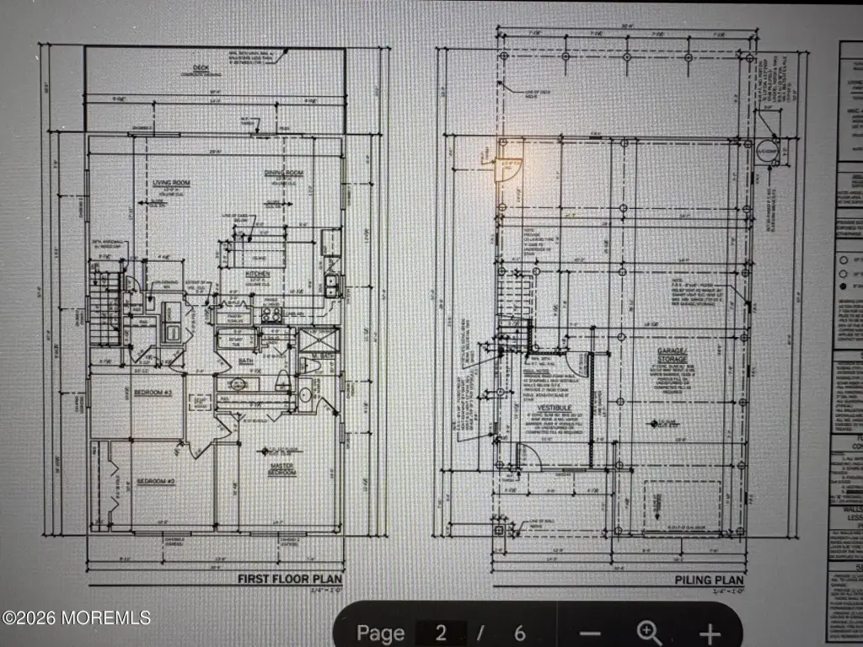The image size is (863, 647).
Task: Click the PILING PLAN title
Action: pos(710,580)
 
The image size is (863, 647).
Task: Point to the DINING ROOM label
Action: pos(284,174)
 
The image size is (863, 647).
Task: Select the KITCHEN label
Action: pos(257,273)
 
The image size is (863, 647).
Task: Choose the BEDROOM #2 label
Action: pos(155,481)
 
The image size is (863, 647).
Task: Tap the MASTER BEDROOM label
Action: pos(282,468)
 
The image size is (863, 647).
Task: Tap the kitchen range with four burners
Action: pos(271,314)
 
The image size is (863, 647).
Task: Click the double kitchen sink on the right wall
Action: pos(331,286)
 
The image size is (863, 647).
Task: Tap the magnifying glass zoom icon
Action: pos(649,633)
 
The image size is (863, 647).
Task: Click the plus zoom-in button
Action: pos(710,633)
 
